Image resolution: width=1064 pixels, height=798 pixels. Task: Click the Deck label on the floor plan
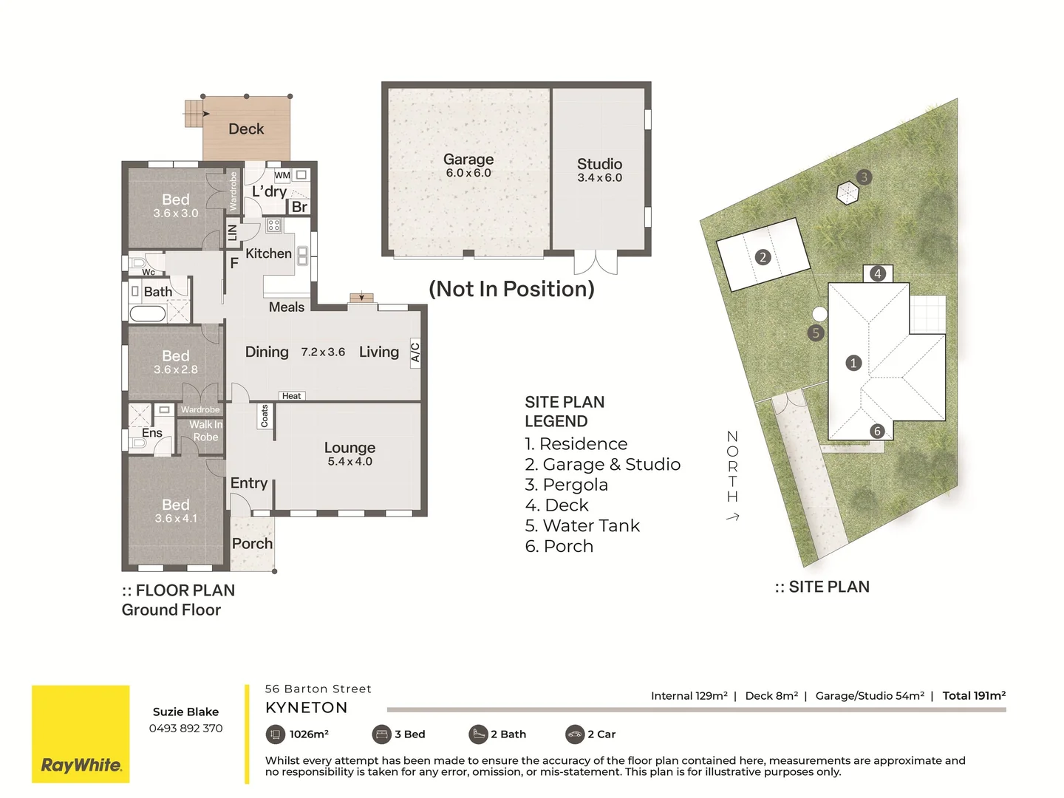point(246,129)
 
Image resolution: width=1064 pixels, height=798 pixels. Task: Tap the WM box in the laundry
point(282,175)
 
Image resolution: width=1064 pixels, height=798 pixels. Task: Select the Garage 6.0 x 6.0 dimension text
point(468,173)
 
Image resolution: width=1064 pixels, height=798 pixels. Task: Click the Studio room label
point(600,164)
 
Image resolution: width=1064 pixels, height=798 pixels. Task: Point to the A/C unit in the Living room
point(415,352)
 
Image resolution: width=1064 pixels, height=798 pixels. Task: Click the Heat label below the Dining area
point(291,396)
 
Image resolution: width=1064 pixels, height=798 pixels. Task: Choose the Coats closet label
point(265,416)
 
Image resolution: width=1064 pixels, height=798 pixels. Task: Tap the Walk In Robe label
point(205,431)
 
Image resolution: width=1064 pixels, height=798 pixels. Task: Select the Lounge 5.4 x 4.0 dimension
point(350,461)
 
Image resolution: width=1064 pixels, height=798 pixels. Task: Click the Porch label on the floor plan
point(252,544)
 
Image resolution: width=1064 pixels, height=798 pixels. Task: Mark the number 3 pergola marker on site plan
point(864,177)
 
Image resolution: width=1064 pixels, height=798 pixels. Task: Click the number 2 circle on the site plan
point(763,257)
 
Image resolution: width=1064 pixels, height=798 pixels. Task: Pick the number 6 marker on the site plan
point(877,432)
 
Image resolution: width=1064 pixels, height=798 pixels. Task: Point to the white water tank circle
point(819,314)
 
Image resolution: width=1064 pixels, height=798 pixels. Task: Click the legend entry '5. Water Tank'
point(582,525)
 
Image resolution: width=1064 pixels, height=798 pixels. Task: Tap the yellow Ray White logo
point(81,734)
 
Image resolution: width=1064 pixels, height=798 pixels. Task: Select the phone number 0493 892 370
point(185,729)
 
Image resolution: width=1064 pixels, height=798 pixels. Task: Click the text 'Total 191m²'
point(974,696)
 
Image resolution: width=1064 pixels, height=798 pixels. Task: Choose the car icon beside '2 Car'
point(575,734)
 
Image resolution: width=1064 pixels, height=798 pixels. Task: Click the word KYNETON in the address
point(307,708)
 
